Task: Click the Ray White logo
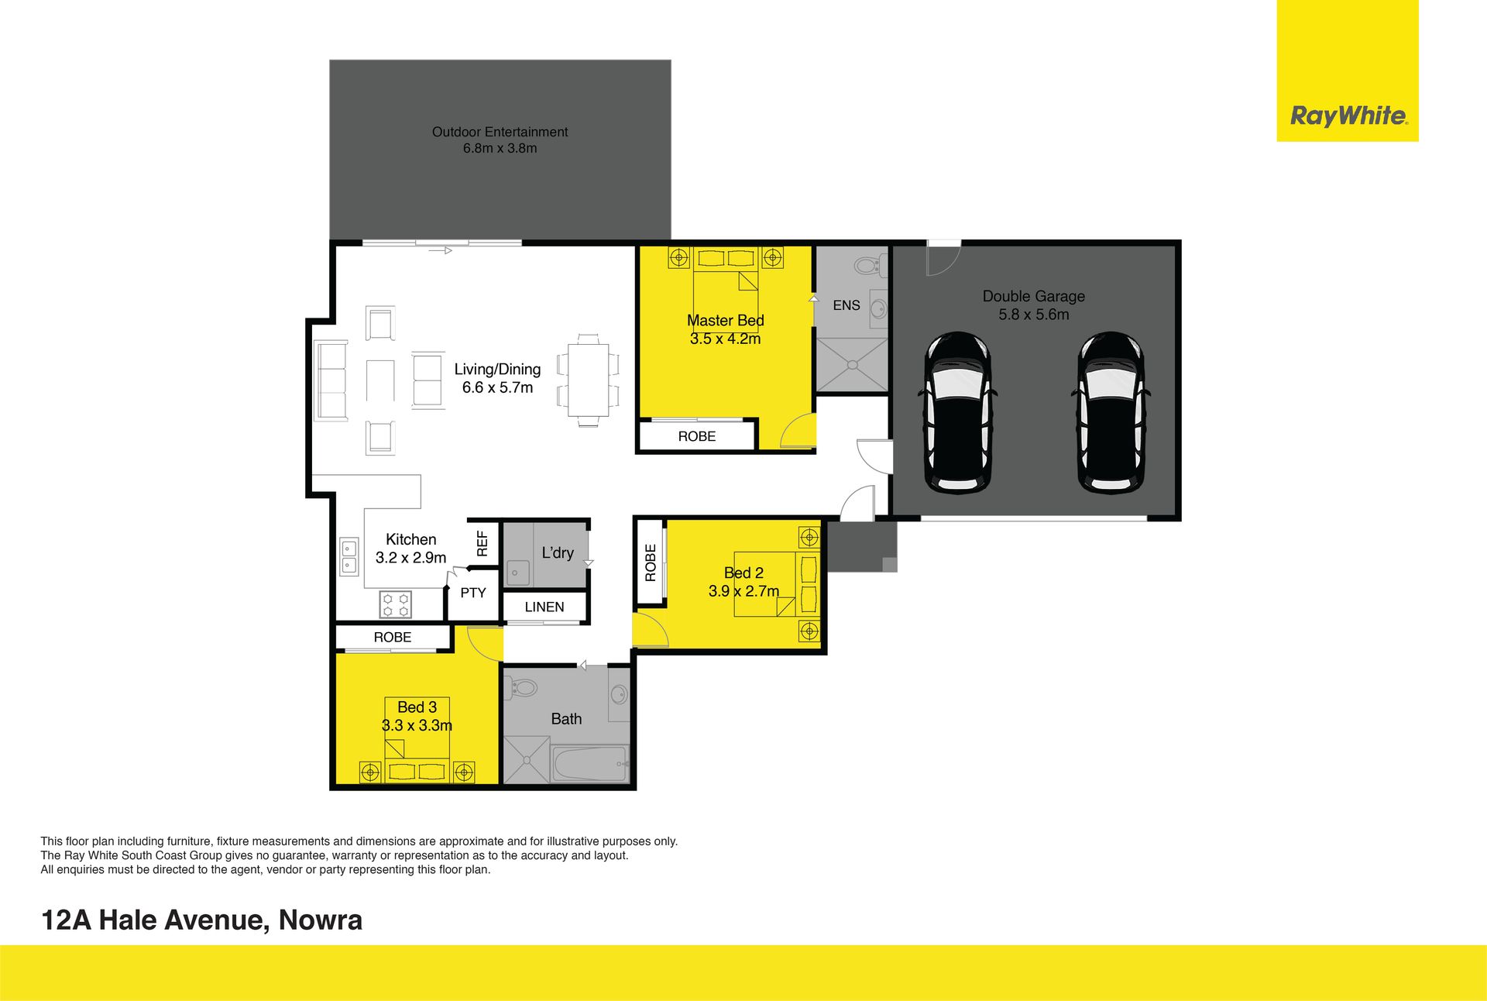point(1348,116)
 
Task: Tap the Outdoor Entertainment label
point(500,132)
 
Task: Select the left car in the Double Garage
point(957,413)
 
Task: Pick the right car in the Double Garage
point(1111,413)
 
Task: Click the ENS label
point(847,305)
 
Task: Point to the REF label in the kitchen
point(483,543)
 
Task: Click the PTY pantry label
point(473,593)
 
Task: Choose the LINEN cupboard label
point(544,607)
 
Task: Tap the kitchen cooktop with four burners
point(396,604)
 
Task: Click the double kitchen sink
point(349,556)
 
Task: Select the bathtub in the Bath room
point(590,765)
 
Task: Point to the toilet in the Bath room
point(521,686)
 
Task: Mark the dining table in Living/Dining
point(589,380)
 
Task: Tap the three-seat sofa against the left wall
point(331,380)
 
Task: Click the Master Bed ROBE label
point(697,436)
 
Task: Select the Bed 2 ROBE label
point(651,562)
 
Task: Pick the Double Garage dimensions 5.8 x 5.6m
point(1034,315)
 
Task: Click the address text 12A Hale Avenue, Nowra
point(201,920)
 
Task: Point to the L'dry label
point(558,553)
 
